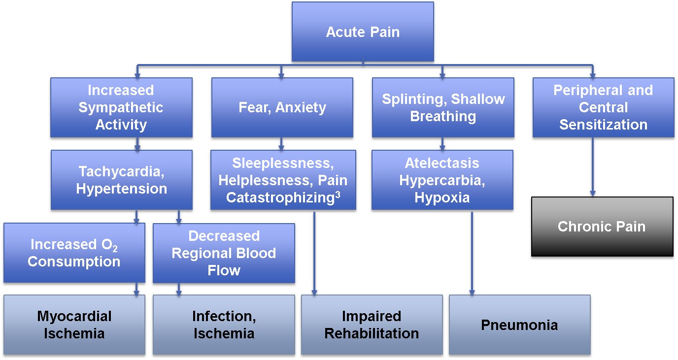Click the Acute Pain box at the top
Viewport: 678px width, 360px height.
click(363, 32)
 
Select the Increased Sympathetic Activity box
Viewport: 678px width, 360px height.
click(121, 107)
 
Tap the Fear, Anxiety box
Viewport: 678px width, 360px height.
click(282, 107)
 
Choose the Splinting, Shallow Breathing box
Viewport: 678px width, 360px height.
click(443, 107)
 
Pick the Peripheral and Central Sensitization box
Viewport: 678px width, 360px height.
click(603, 107)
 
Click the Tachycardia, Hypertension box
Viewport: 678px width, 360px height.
click(121, 180)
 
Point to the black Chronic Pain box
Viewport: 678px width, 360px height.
click(602, 227)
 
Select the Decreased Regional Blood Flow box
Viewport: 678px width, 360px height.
click(224, 253)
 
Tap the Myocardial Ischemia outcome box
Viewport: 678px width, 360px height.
click(74, 325)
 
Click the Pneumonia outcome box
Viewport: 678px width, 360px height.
click(519, 325)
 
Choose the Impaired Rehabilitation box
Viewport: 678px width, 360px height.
click(372, 325)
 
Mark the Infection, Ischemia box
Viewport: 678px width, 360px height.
click(224, 325)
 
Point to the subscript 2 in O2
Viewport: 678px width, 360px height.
click(114, 248)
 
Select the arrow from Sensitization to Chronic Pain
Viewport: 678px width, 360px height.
click(593, 167)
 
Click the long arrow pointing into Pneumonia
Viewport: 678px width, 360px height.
click(472, 254)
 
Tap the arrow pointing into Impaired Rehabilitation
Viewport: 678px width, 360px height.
click(314, 254)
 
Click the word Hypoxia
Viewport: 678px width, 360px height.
click(442, 197)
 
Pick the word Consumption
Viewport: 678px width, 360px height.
click(74, 262)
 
